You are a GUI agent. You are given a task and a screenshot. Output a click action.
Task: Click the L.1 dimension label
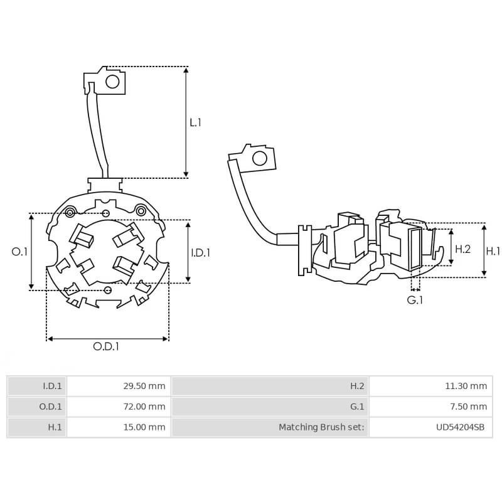[x=195, y=122]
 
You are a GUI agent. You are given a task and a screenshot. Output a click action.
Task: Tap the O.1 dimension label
[x=20, y=252]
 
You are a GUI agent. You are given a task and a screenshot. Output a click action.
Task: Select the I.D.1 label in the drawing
[x=200, y=253]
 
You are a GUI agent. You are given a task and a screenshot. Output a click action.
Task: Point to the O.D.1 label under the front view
[x=106, y=346]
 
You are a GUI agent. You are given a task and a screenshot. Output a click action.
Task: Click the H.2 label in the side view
[x=462, y=249]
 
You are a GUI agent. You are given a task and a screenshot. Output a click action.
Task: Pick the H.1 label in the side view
[x=493, y=250]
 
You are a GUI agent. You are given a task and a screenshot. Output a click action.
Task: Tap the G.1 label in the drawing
[x=415, y=300]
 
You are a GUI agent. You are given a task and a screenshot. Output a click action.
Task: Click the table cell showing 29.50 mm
[x=144, y=387]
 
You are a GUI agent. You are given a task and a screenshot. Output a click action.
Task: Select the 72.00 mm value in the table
[x=144, y=407]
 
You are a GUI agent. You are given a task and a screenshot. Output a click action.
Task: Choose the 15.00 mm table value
[x=144, y=427]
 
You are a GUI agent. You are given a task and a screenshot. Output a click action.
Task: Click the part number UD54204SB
[x=460, y=427]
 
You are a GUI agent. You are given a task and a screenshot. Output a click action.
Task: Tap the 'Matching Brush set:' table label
[x=321, y=427]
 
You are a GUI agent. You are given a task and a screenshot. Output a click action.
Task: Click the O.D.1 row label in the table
[x=50, y=407]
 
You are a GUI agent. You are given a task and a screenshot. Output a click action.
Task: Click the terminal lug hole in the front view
[x=113, y=82]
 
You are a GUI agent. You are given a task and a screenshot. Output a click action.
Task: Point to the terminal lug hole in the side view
[x=258, y=158]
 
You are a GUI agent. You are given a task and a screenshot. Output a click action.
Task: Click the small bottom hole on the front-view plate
[x=107, y=289]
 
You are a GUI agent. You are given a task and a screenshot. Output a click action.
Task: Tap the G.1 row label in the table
[x=357, y=407]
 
